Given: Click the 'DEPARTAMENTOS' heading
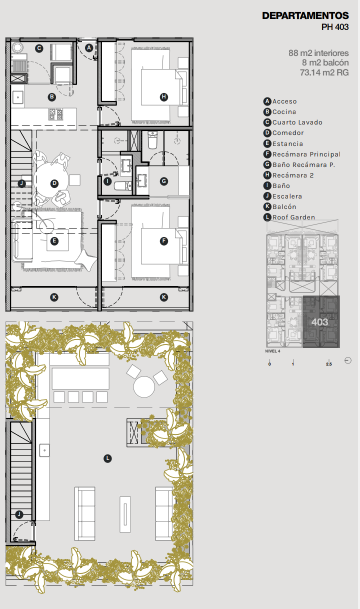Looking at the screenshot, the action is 305,16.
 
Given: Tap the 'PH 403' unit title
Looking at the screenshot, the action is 335,27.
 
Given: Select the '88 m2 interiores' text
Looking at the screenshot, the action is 318,53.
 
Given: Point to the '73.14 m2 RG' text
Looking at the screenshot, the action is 324,72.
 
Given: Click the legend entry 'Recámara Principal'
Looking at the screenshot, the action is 306,154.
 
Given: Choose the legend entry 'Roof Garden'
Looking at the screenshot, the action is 293,217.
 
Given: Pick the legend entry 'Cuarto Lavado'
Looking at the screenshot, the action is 297,122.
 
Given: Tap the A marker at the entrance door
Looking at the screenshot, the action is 89,48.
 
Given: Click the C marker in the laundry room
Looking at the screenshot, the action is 39,48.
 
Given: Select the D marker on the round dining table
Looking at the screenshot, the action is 54,183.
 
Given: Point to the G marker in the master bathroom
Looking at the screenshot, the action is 163,181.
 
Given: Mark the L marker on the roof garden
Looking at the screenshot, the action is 107,458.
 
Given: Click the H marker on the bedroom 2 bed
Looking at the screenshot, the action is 163,97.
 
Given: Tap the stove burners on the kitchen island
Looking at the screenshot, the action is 55,114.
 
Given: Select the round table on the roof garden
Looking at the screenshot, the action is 144,386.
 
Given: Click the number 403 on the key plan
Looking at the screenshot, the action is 319,322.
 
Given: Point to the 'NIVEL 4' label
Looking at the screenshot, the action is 272,351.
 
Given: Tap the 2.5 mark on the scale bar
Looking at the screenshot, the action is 329,364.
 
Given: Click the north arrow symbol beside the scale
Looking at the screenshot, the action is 348,360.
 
